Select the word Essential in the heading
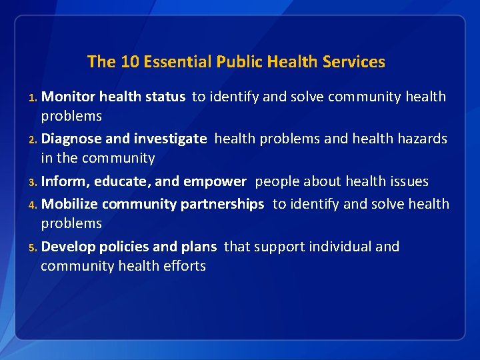coord(175,62)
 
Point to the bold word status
coord(165,97)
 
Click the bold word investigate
coord(170,139)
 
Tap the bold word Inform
coord(65,181)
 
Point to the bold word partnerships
coord(222,205)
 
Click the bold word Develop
coord(68,247)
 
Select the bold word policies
coord(124,247)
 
